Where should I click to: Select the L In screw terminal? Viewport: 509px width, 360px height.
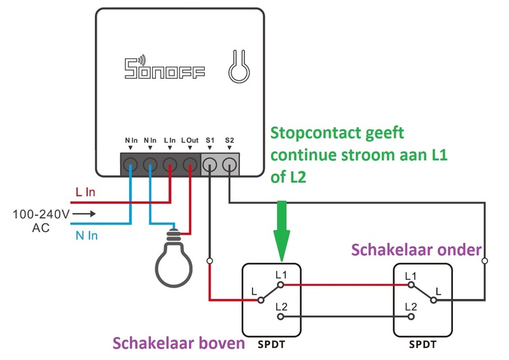click(170, 164)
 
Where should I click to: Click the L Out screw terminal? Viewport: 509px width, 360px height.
click(190, 164)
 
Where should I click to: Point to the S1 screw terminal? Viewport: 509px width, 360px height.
click(209, 165)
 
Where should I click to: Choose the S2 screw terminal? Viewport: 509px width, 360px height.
click(229, 165)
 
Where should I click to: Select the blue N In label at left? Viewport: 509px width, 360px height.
click(87, 236)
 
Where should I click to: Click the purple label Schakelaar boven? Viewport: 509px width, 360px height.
click(179, 344)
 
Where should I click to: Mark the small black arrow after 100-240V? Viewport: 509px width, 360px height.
click(87, 214)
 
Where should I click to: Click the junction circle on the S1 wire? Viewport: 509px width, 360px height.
click(209, 261)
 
